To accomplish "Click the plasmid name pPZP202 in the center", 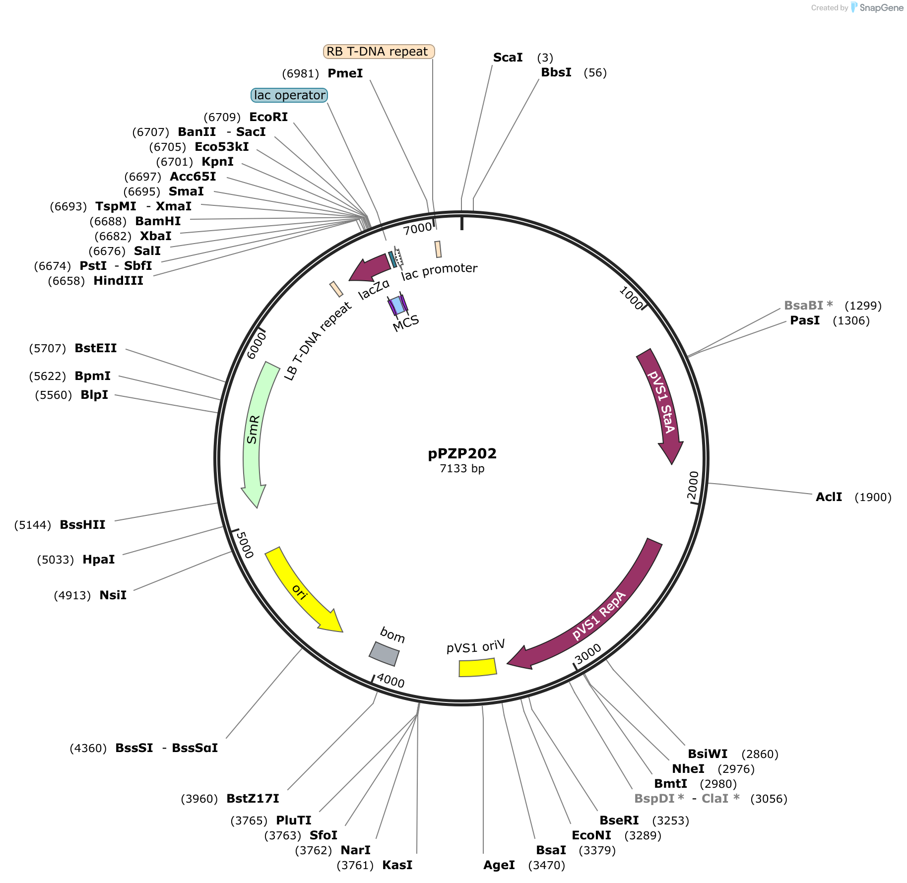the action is click(x=462, y=453).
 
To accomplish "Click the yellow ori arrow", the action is click(x=300, y=591).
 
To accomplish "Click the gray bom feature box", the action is click(x=384, y=654).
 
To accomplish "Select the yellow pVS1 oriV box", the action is click(x=477, y=667).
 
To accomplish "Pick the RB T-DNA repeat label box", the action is click(x=379, y=52).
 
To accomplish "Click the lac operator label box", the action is click(x=289, y=95).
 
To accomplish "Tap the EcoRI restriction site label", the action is click(x=268, y=117).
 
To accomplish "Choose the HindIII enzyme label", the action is click(x=118, y=281).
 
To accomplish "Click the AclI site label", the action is click(x=829, y=497).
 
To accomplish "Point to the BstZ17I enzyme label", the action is click(x=253, y=799).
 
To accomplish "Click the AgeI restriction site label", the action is click(x=499, y=865).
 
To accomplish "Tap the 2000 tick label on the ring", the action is click(x=693, y=486).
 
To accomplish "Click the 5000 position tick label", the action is click(x=245, y=545).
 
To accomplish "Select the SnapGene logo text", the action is click(x=882, y=7).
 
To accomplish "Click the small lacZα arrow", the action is click(x=370, y=267).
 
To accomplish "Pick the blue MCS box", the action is click(x=397, y=305).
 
